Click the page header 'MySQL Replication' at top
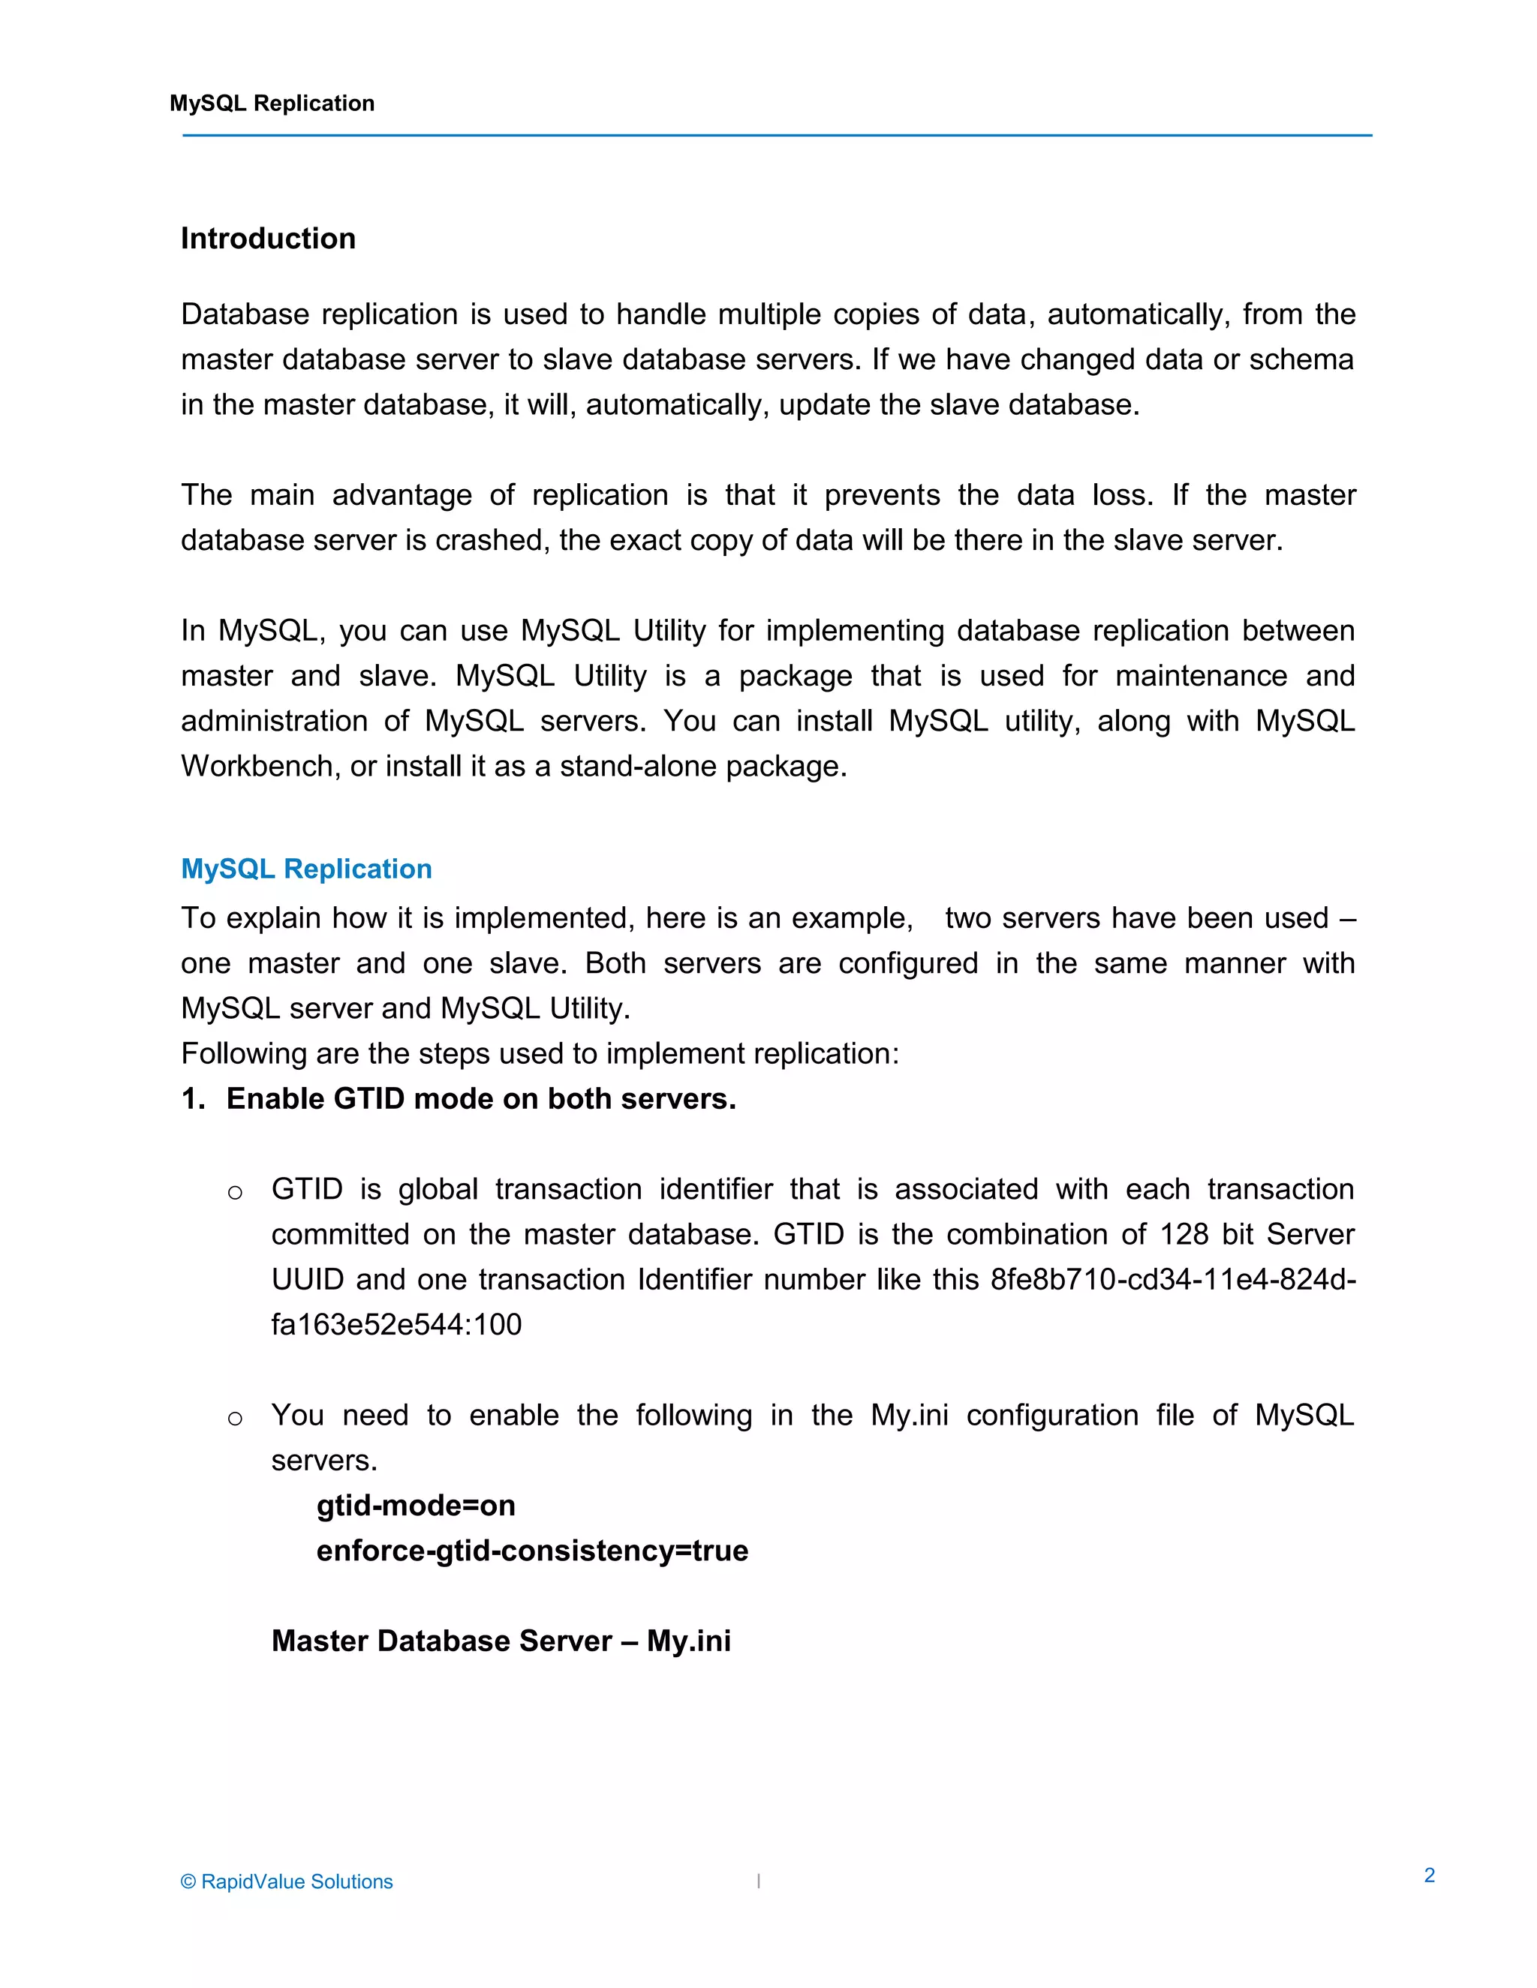click(x=272, y=104)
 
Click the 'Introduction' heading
click(x=268, y=239)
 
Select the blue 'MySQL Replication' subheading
click(x=306, y=869)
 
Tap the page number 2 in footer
click(x=1430, y=1875)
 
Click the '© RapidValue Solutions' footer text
click(x=287, y=1881)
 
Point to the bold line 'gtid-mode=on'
click(x=415, y=1506)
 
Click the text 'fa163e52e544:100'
click(x=396, y=1324)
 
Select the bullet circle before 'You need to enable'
click(x=235, y=1418)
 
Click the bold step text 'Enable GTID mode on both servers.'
click(x=481, y=1099)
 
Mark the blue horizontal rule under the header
click(x=777, y=136)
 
